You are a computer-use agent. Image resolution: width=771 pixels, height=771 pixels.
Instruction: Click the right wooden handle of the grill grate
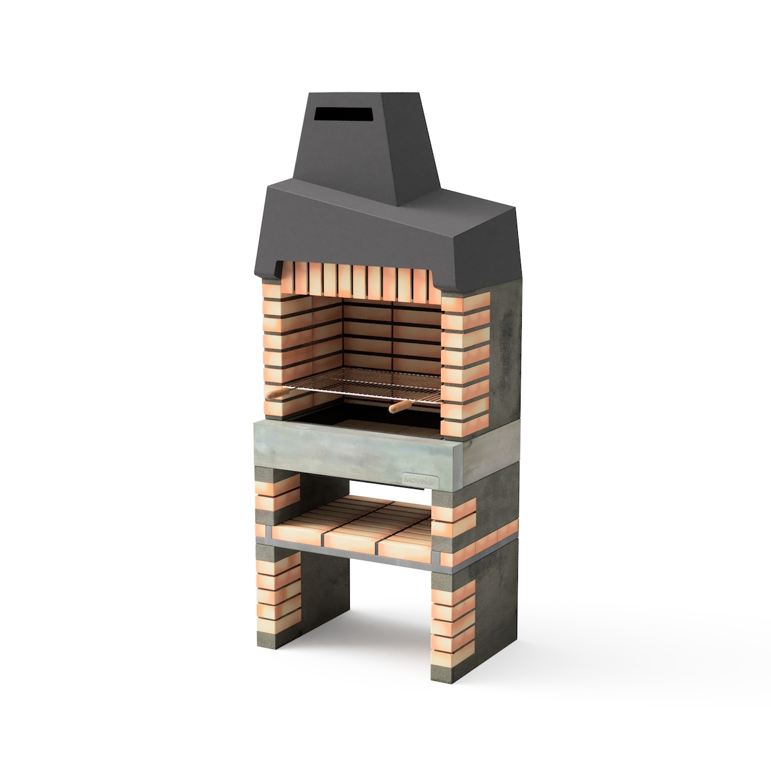400,407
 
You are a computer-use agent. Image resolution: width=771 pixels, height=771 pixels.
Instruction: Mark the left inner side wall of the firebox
324,341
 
